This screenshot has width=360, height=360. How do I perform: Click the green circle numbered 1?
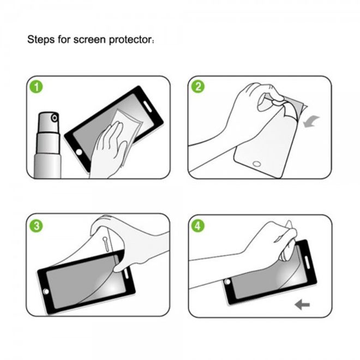[37, 87]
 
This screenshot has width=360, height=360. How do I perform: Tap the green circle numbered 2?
[198, 86]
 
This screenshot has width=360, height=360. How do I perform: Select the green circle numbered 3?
[37, 226]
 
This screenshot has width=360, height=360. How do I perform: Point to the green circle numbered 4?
[198, 226]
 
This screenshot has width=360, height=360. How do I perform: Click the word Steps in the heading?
[41, 40]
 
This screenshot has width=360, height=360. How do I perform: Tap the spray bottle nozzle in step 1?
[55, 118]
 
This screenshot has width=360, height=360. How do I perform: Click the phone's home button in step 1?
[79, 152]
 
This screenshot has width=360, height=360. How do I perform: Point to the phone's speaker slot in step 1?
[147, 106]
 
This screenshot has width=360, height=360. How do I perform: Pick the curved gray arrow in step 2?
[311, 121]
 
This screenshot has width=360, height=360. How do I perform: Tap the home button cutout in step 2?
[257, 164]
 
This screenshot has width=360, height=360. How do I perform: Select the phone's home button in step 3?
[46, 292]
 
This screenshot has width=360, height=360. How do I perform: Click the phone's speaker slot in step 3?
[126, 273]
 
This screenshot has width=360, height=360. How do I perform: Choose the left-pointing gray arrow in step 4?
[302, 305]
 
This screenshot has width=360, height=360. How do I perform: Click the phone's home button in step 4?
[228, 281]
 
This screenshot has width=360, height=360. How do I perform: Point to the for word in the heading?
[64, 40]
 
